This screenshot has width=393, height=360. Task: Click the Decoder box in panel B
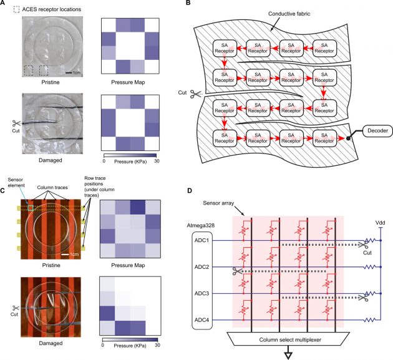[x=377, y=130]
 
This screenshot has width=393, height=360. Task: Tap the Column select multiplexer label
[x=290, y=340]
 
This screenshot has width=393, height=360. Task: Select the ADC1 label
[x=201, y=240]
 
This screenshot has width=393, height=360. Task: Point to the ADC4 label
[x=201, y=320]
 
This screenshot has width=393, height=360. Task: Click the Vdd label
[x=381, y=223]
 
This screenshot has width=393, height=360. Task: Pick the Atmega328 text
[x=201, y=225]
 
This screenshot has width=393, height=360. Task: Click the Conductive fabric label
[x=289, y=14]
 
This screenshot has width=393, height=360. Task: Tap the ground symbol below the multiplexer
[x=288, y=356]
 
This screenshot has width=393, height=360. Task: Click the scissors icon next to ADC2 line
[x=237, y=271]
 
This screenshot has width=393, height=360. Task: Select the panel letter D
[x=189, y=191]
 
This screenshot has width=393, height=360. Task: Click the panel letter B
[x=188, y=2]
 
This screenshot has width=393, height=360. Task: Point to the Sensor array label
[x=218, y=203]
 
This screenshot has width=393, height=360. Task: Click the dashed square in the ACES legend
[x=16, y=9]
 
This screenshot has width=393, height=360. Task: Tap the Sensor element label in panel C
[x=16, y=183]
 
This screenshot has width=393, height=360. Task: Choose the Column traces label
[x=52, y=187]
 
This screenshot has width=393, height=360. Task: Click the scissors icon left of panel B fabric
[x=196, y=94]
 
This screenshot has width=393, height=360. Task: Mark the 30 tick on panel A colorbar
[x=157, y=161]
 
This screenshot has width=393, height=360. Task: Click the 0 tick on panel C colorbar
[x=102, y=345]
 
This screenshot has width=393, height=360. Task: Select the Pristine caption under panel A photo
[x=51, y=82]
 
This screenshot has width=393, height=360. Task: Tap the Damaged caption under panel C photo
[x=51, y=343]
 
